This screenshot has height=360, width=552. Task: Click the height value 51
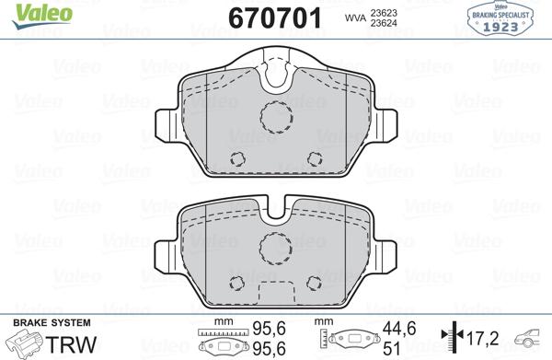[389, 349]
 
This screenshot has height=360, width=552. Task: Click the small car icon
[531, 338]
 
